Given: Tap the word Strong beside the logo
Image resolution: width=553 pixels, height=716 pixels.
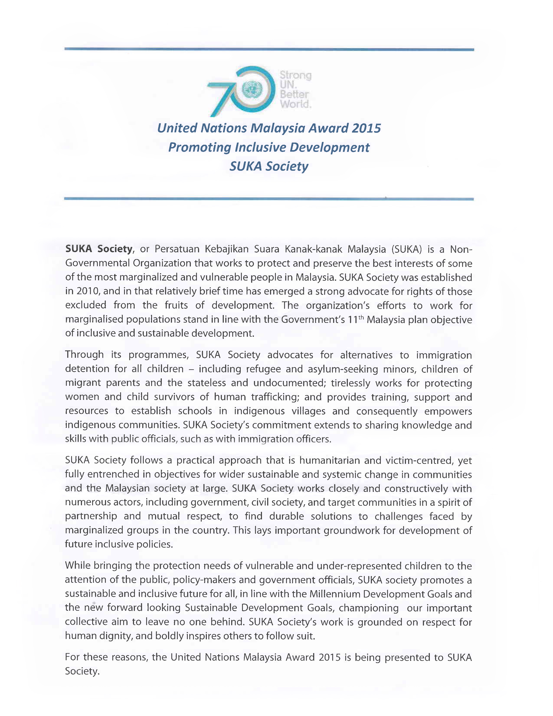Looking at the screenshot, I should click(x=295, y=75).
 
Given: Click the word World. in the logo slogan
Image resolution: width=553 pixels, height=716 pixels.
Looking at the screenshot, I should click(x=295, y=104).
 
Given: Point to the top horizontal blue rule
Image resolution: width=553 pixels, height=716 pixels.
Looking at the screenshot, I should click(x=269, y=49).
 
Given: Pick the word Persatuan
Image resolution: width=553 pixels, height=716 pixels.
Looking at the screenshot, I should click(x=177, y=249).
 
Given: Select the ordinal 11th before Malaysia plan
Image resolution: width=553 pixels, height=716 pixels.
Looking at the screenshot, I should click(x=355, y=319).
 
